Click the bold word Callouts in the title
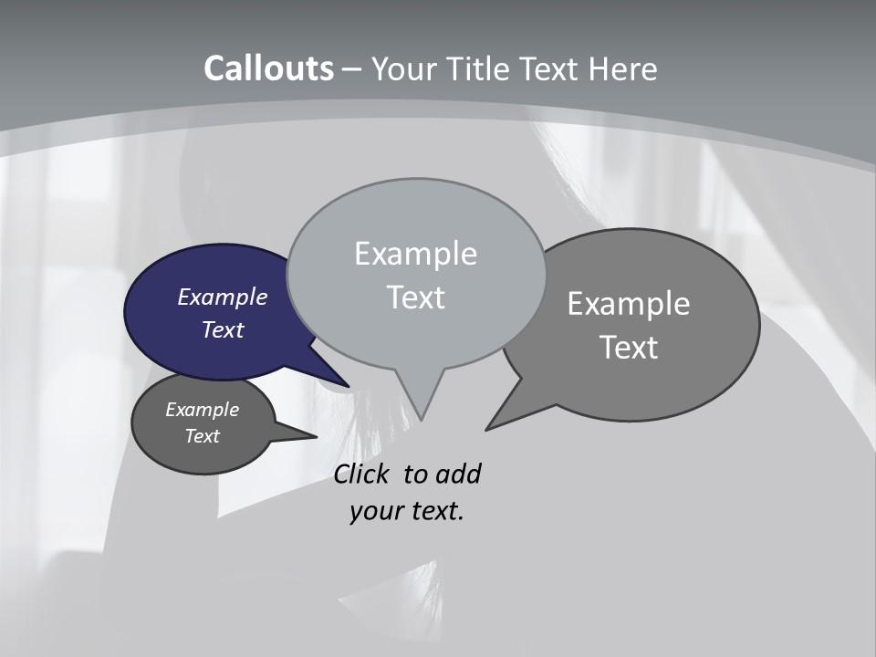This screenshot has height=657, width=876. click(268, 69)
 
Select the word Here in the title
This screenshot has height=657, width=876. click(622, 69)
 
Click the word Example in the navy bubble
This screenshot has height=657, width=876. click(222, 297)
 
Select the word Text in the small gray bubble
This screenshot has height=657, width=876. click(202, 436)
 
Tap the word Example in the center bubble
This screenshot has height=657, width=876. click(415, 254)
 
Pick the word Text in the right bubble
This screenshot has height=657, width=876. click(629, 348)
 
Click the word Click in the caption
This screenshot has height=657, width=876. click(362, 474)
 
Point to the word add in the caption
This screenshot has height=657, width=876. click(458, 474)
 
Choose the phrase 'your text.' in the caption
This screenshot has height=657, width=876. click(407, 511)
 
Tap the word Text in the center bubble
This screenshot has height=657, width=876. click(415, 297)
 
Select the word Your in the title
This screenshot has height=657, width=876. click(401, 69)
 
